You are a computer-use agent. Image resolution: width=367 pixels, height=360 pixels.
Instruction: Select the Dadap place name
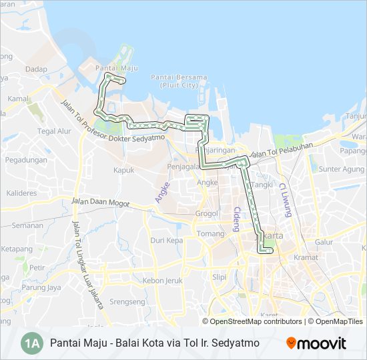tap(37, 69)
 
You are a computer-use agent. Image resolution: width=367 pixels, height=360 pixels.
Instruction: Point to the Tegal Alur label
tap(54, 131)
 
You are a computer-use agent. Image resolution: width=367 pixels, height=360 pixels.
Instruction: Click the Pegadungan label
tap(26, 160)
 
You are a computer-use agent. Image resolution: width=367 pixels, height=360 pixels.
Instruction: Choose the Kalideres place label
tap(21, 193)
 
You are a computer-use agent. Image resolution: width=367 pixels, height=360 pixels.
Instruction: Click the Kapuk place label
tap(123, 170)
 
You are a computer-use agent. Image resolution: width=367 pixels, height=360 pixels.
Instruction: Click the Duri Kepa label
tap(166, 240)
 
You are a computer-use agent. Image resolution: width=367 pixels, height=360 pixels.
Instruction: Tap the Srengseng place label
tap(127, 302)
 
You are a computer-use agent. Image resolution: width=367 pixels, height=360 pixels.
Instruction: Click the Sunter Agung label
tap(342, 169)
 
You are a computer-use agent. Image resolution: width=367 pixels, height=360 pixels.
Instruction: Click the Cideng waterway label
tap(236, 218)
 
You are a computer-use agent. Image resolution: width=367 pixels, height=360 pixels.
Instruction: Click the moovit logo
tap(316, 343)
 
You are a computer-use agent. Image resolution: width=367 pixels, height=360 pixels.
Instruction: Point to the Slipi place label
tap(219, 277)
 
